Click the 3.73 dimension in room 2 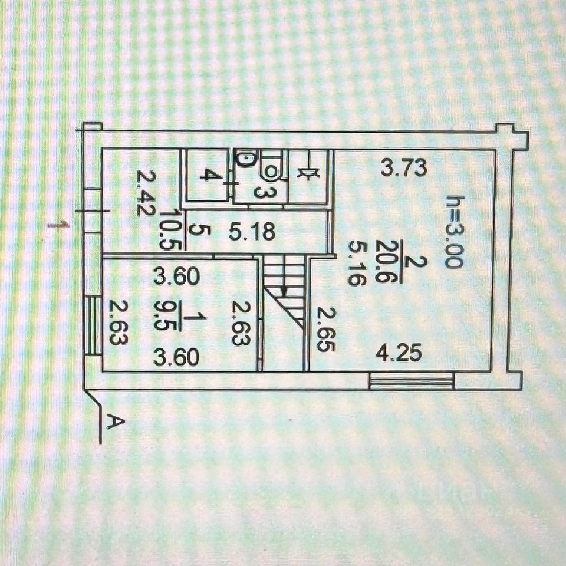coord(403,169)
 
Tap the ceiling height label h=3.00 coord(454,232)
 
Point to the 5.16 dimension coord(357,262)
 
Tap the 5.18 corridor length coord(252,232)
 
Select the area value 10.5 coord(168,231)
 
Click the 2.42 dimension coord(144,193)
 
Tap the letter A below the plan coord(117,422)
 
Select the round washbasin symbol coord(245,158)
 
